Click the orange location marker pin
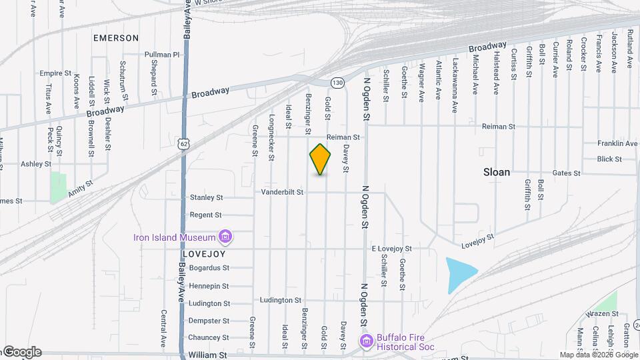click(321, 159)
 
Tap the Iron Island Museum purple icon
click(225, 237)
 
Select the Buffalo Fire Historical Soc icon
click(366, 341)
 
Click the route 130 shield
click(338, 83)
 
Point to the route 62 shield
click(185, 143)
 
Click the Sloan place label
click(497, 172)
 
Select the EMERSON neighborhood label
click(116, 38)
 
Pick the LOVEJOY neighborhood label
click(204, 254)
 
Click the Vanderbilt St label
click(282, 192)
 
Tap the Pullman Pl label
click(163, 55)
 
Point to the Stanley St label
click(206, 197)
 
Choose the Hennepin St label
click(209, 286)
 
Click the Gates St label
click(567, 173)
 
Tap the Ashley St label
click(36, 163)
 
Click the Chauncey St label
click(208, 337)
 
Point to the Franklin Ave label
click(617, 143)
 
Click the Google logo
click(21, 352)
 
